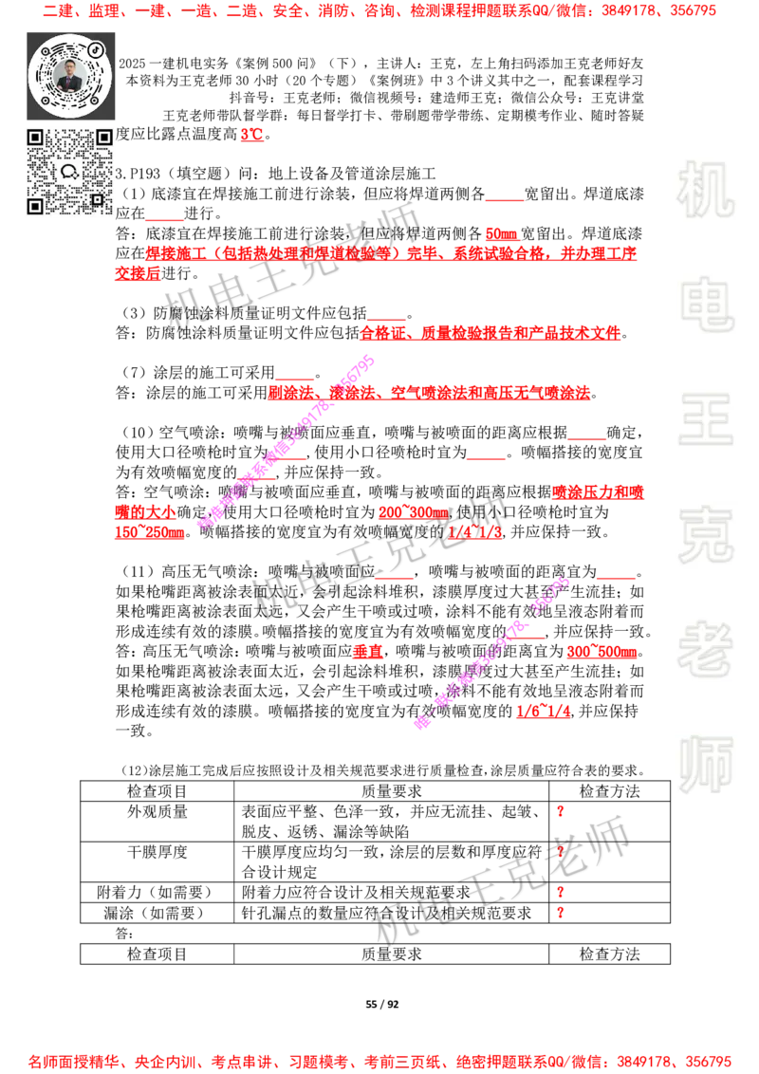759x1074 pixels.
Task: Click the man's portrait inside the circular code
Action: (x=70, y=75)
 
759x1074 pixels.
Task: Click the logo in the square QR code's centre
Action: (x=69, y=172)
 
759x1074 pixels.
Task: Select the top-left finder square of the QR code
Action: (x=35, y=138)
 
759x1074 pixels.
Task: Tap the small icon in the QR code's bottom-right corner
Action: (x=97, y=199)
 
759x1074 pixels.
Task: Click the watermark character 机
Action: (x=705, y=190)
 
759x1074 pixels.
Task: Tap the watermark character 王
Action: (x=705, y=420)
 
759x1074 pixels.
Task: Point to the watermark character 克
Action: (x=705, y=534)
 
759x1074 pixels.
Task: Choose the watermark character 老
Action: (x=705, y=648)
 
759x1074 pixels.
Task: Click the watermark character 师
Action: (x=705, y=766)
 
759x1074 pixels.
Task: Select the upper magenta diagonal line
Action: (x=285, y=442)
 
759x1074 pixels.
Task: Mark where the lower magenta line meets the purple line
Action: (x=421, y=724)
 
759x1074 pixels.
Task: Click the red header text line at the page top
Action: (x=379, y=12)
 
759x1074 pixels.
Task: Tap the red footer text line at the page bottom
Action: (x=379, y=1060)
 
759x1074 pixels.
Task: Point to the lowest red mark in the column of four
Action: (x=561, y=912)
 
